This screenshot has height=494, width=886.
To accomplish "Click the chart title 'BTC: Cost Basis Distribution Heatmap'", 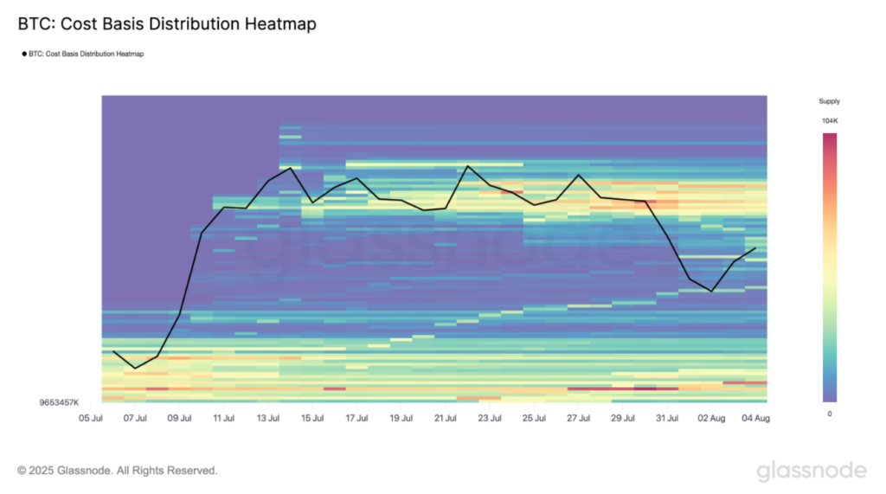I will pos(167,24).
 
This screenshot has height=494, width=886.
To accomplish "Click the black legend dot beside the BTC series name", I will pos(22,54).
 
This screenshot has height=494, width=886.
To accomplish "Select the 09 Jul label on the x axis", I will pos(179,419).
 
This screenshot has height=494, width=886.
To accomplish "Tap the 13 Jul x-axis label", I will pos(268,419).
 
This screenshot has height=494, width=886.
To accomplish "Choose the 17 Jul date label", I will pos(356,419).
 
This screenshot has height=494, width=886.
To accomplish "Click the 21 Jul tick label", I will pos(445,419).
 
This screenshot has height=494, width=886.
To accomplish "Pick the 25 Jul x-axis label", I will pos(534,419).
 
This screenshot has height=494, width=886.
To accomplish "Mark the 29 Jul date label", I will pos(622,419).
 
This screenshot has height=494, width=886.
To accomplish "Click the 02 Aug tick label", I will pos(711,419).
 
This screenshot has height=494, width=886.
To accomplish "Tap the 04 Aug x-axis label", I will pos(755,419).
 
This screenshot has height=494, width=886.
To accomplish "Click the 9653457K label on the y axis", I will pos(59,402).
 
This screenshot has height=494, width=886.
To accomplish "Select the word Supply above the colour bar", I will pos(829,101).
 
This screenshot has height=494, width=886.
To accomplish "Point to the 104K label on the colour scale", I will pos(829,121).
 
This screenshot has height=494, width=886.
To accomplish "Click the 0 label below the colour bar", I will pos(829,414).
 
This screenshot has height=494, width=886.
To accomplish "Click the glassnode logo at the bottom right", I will pos(811,471).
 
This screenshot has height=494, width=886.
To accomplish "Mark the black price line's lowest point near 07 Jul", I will pos(135,369).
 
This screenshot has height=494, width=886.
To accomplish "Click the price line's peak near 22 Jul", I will pos(467,165).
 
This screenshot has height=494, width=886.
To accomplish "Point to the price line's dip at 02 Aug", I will pos(711,292).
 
